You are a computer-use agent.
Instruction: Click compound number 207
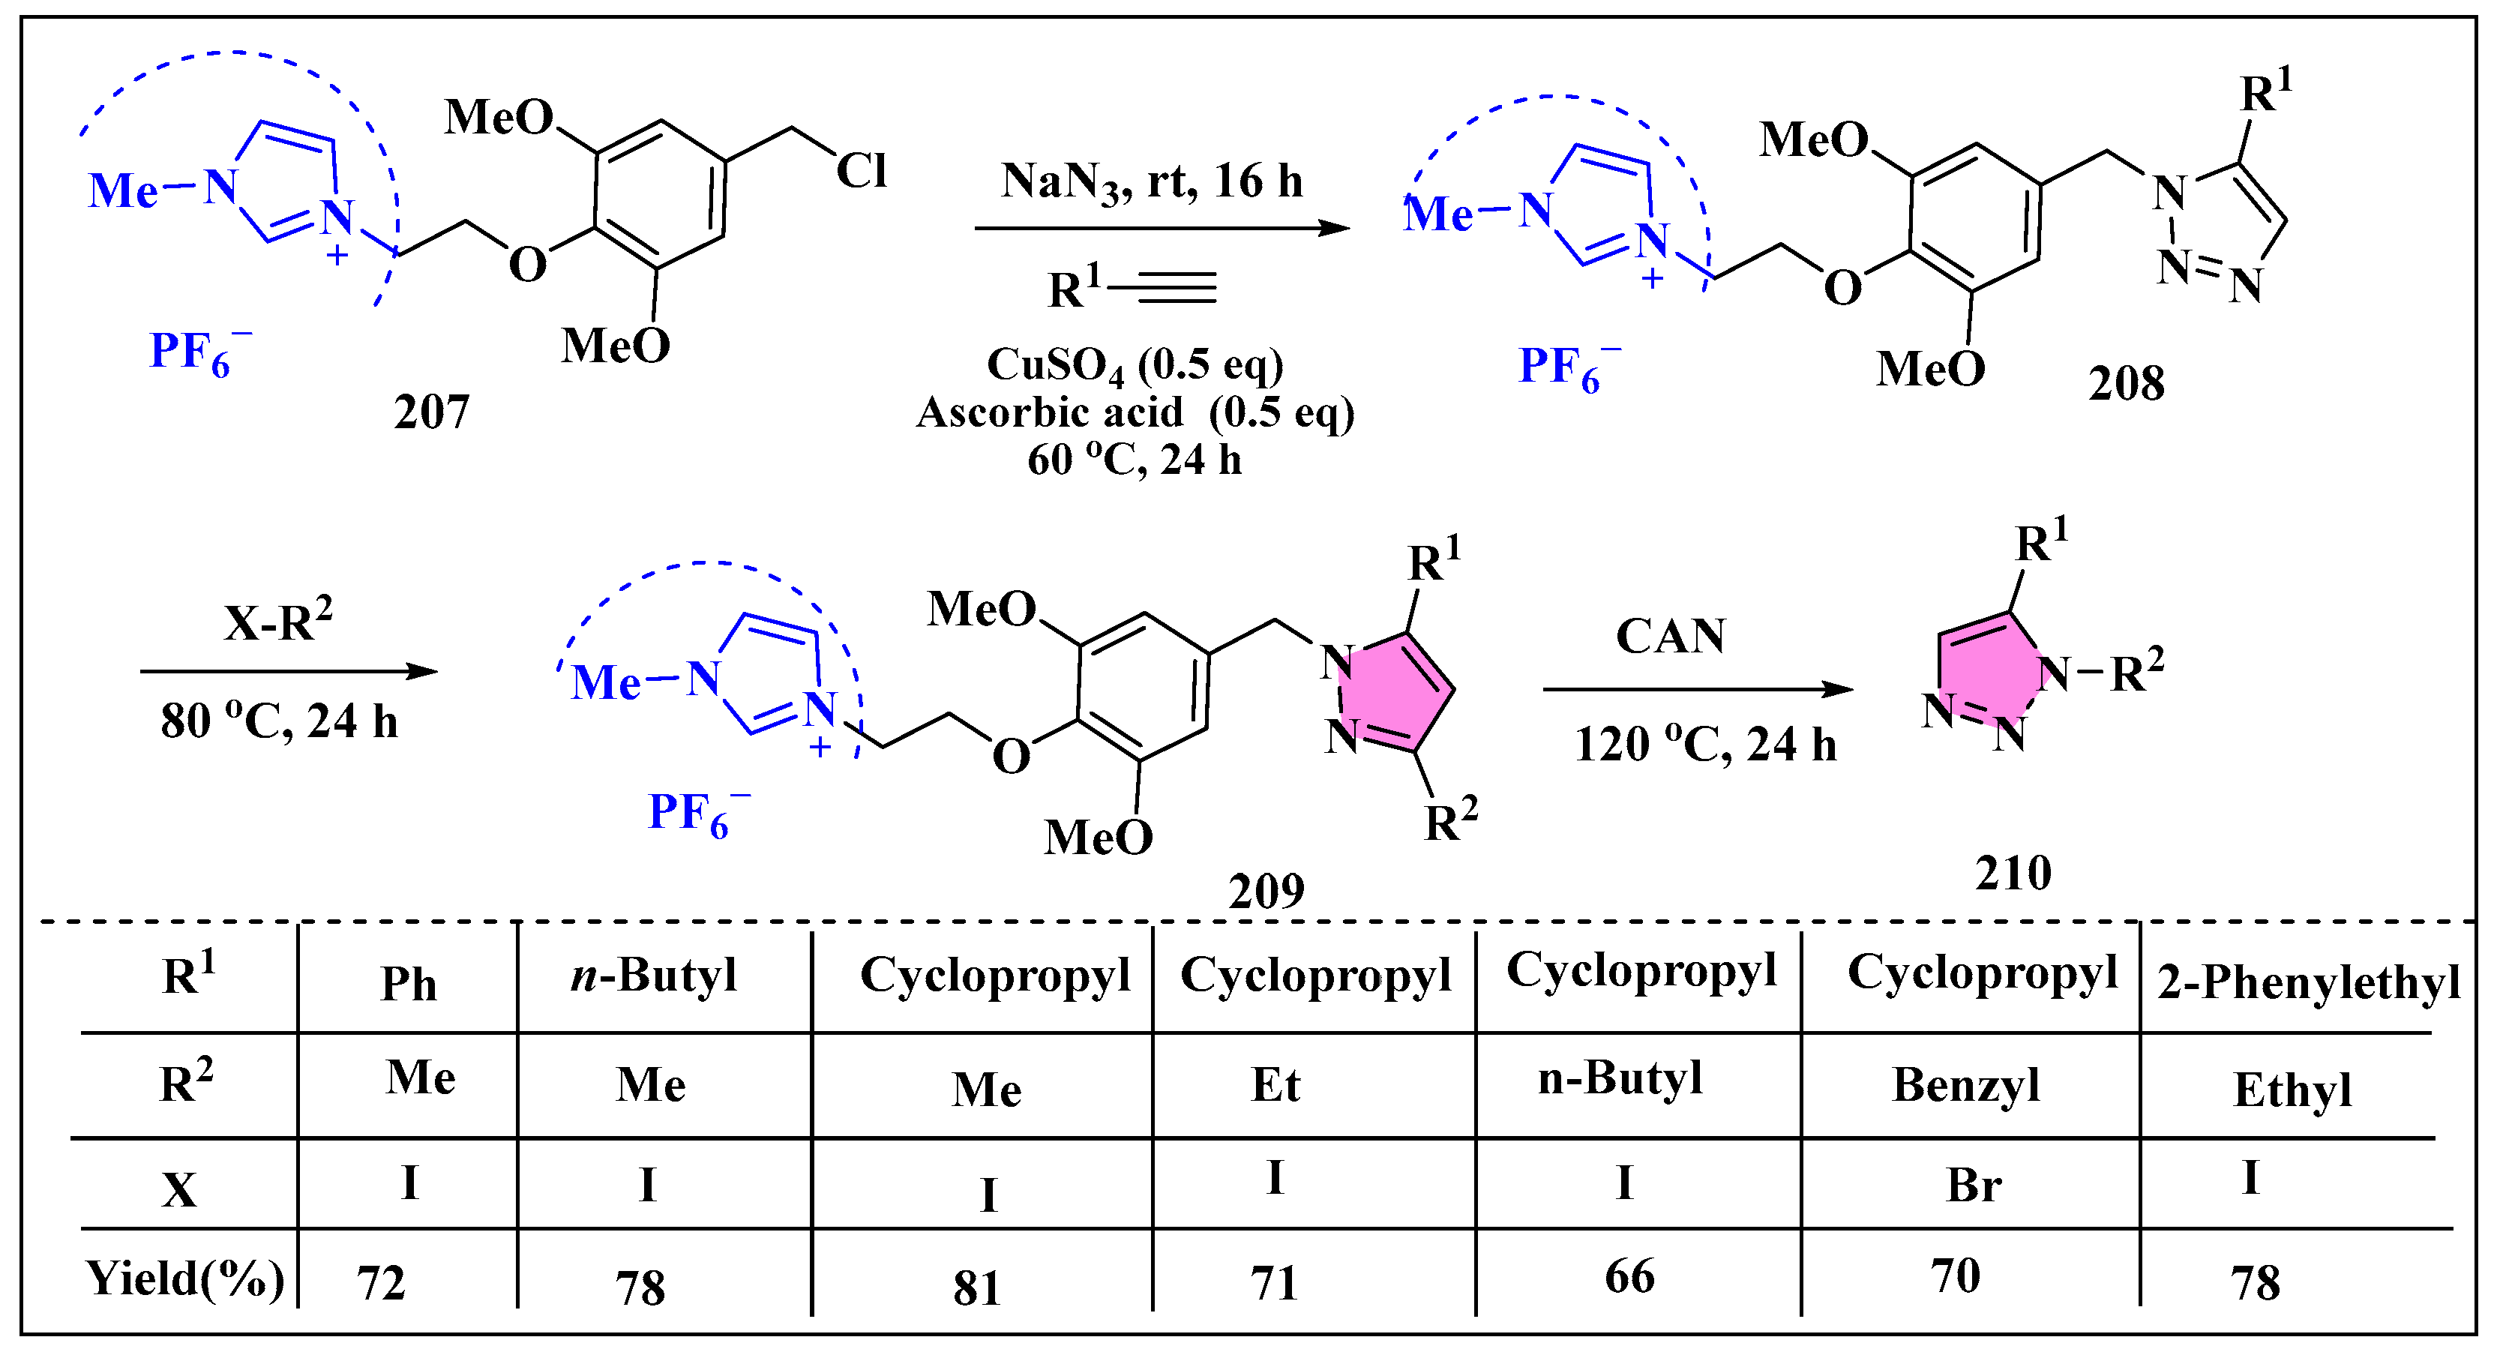point(431,412)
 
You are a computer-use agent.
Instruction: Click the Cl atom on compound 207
point(861,172)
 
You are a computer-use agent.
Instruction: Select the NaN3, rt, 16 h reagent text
point(1151,181)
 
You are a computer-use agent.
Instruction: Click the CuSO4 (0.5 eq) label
point(1135,366)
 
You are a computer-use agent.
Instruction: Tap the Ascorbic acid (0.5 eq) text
point(1135,412)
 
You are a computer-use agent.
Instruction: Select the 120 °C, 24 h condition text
point(1705,744)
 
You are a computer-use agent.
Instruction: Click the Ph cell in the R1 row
point(409,984)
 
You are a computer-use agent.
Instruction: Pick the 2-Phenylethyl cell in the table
point(2307,982)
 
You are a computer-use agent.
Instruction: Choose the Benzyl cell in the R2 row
point(1965,1085)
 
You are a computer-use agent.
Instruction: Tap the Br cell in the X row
point(1973,1186)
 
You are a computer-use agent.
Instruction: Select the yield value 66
point(1629,1276)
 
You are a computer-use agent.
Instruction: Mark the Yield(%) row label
point(184,1279)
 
